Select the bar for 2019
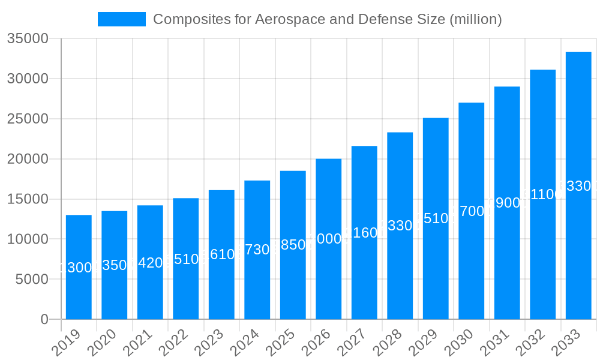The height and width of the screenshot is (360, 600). tap(79, 294)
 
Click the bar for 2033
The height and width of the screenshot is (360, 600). tap(578, 240)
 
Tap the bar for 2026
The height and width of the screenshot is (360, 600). tap(328, 276)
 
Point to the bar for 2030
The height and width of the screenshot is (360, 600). tap(471, 264)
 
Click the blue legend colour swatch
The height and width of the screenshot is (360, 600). tap(122, 19)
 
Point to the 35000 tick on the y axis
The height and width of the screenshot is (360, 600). tap(28, 39)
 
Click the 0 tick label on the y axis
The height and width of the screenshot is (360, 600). tap(44, 320)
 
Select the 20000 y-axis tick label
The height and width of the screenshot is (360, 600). tap(28, 159)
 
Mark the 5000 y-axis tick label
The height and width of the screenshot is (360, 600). tap(31, 280)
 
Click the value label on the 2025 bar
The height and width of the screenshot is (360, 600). tap(293, 245)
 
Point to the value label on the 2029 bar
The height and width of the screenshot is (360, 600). tap(436, 218)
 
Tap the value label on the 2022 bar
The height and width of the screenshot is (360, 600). tap(185, 259)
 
